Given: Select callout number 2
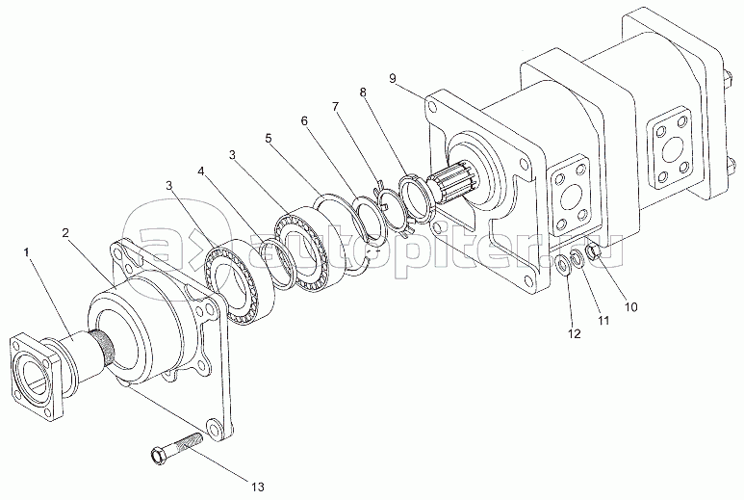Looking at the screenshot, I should [x=65, y=233].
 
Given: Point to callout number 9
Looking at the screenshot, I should [x=394, y=75].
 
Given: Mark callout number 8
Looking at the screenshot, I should [x=363, y=92].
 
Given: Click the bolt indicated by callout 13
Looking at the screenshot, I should [x=173, y=449].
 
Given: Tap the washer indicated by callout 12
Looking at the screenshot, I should [x=564, y=263].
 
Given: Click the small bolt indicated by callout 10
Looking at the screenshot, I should [x=594, y=252].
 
